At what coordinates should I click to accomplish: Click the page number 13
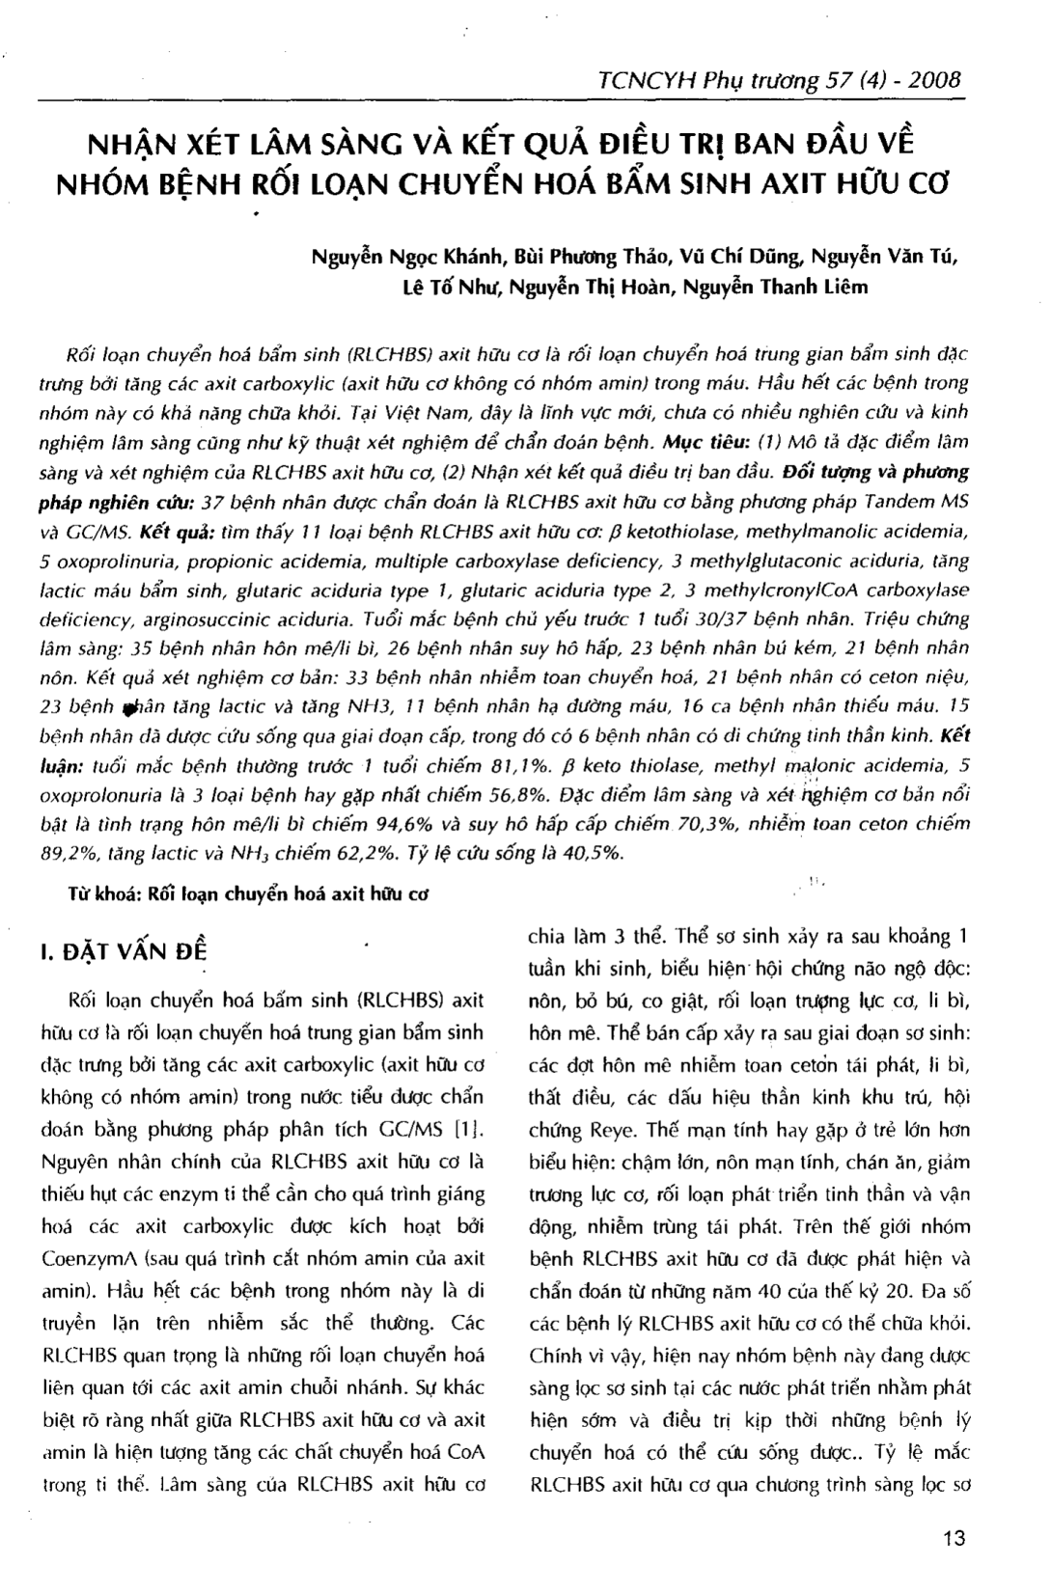pos(954,1538)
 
